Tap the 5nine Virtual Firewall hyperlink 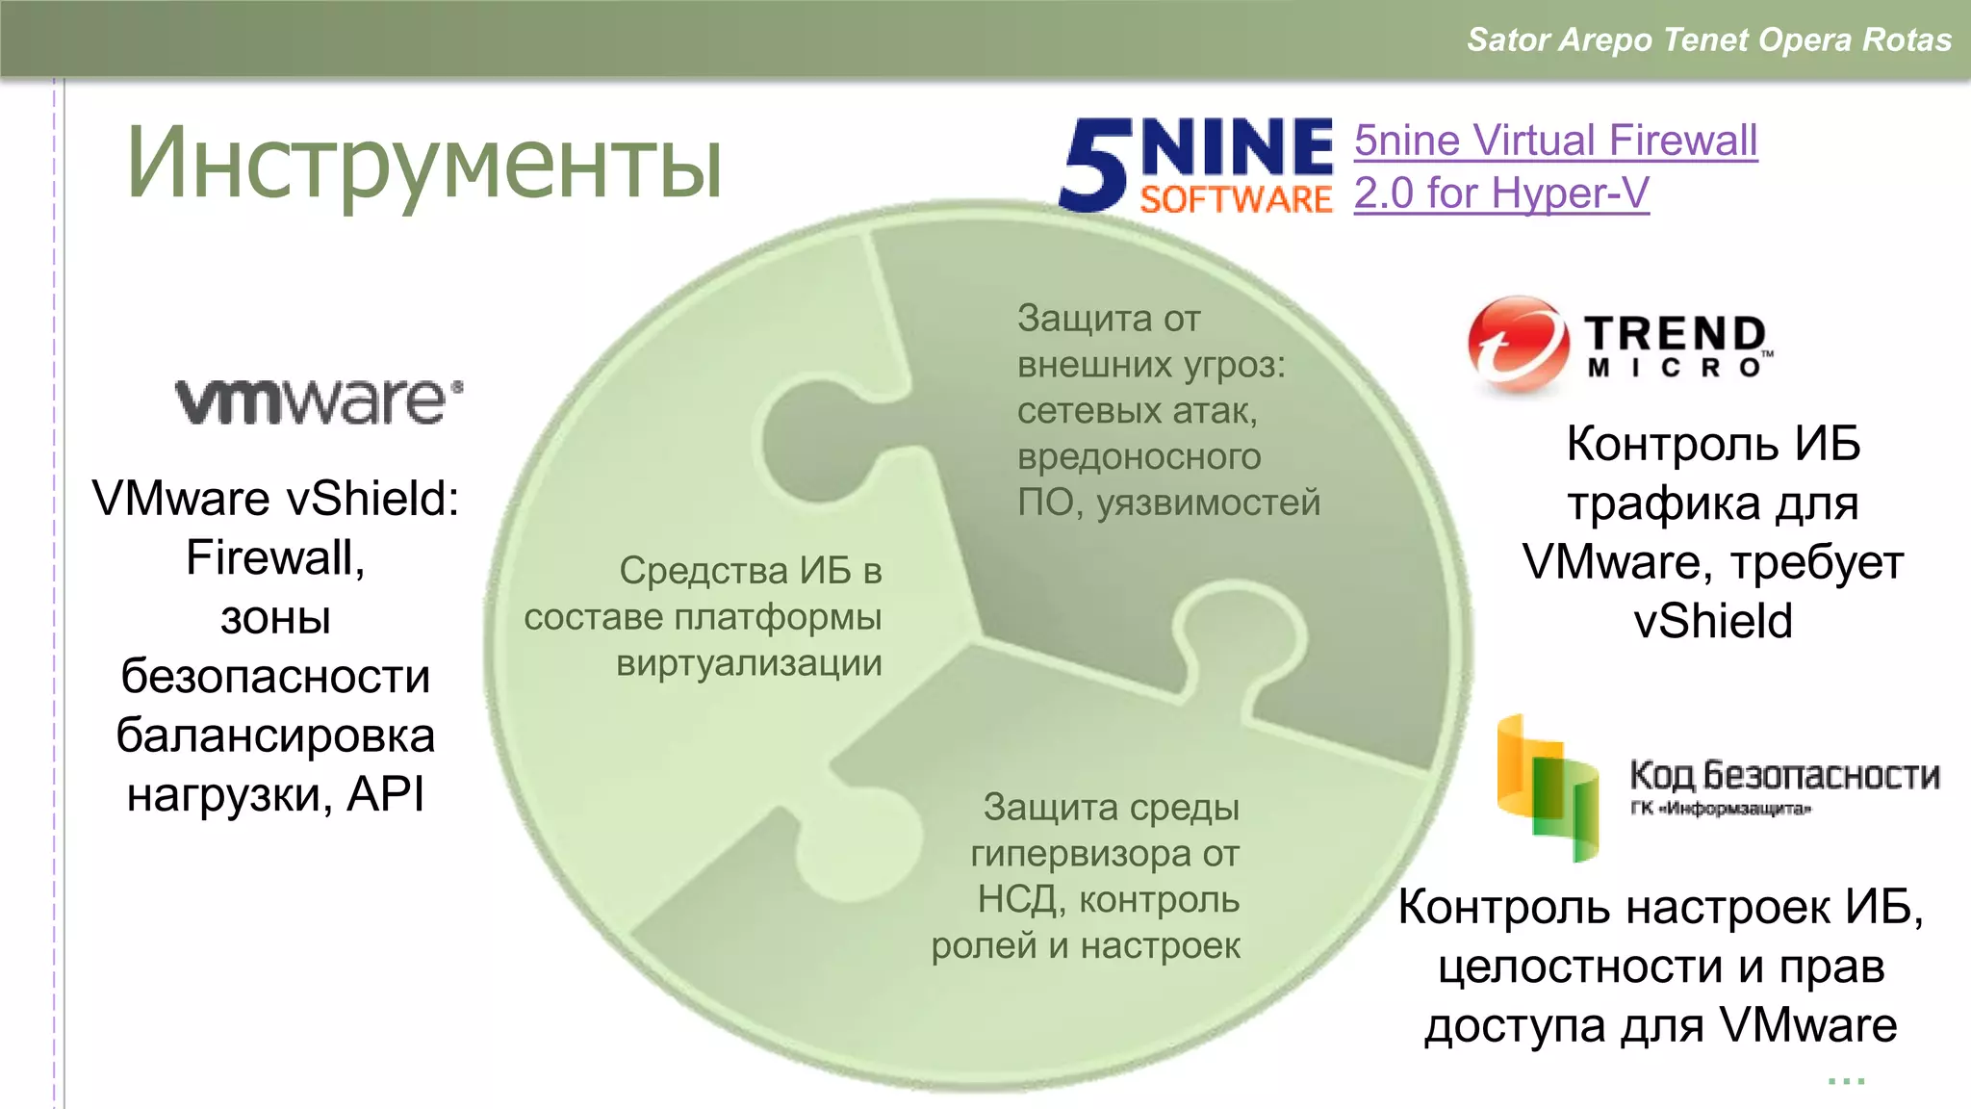[1555, 142]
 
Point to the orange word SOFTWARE [1237, 199]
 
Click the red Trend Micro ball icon [1518, 345]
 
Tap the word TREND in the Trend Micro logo [1676, 334]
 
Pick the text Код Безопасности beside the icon [1784, 775]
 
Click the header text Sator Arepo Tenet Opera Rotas [1708, 39]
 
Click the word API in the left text [386, 795]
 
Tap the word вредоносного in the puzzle [1139, 456]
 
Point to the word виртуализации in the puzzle [749, 663]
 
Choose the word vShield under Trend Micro [1713, 621]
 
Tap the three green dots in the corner [1846, 1081]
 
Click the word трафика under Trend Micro [1664, 504]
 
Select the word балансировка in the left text [275, 736]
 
